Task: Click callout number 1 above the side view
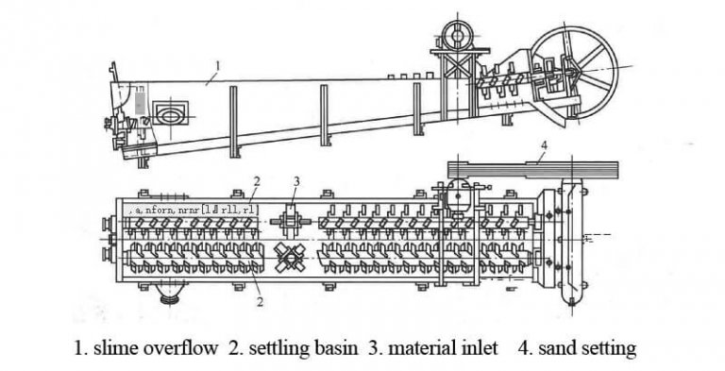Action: click(218, 66)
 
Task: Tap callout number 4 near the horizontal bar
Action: click(544, 145)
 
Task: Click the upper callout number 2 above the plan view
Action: click(256, 179)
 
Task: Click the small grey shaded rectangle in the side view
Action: click(140, 101)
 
